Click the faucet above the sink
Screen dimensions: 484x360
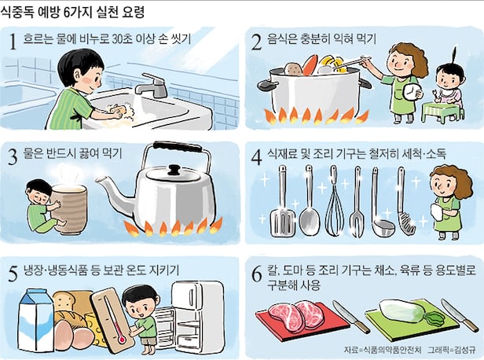coord(151,85)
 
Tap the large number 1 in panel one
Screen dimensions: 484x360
coord(13,42)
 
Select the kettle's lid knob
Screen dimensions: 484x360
coord(174,170)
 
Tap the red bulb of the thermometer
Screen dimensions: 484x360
coord(122,340)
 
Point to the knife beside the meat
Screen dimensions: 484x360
coord(351,316)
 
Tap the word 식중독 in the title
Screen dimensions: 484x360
coord(17,13)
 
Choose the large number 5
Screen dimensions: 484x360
coord(13,274)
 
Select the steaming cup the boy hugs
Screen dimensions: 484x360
coord(68,208)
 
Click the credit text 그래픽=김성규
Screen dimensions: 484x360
coord(452,350)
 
